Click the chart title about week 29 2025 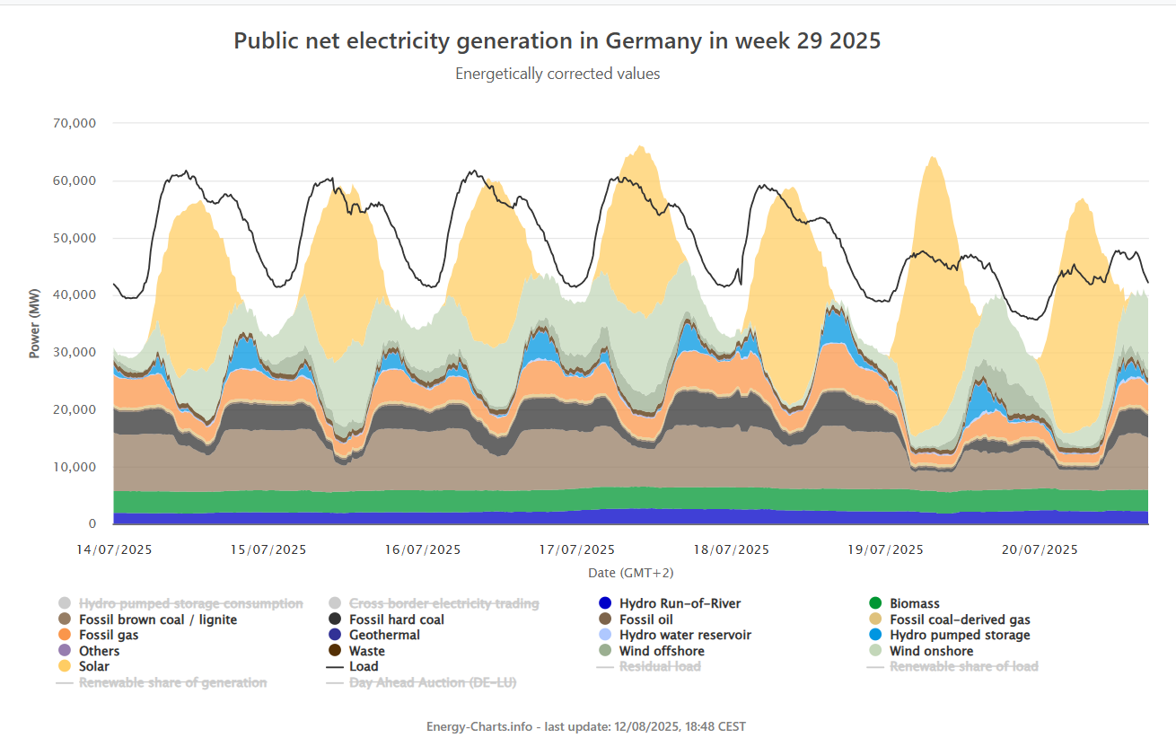[557, 41]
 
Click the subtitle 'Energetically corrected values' [557, 74]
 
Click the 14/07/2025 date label [114, 549]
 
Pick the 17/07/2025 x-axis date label [577, 549]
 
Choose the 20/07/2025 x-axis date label [1040, 549]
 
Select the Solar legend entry [93, 666]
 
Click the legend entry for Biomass [914, 603]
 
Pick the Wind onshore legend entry [931, 651]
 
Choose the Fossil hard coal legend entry [396, 619]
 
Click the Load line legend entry [363, 666]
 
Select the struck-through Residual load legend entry [660, 666]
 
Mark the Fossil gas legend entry [108, 635]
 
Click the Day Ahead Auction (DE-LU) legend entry [432, 682]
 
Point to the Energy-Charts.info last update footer [586, 725]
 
